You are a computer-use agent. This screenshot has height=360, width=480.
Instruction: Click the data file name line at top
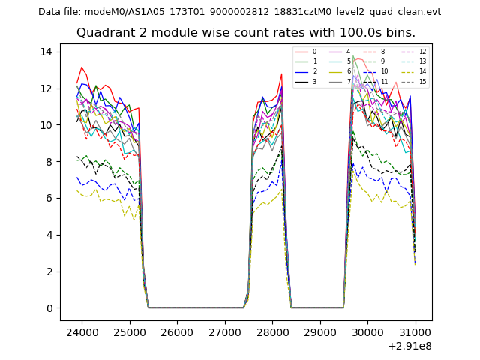239,12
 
